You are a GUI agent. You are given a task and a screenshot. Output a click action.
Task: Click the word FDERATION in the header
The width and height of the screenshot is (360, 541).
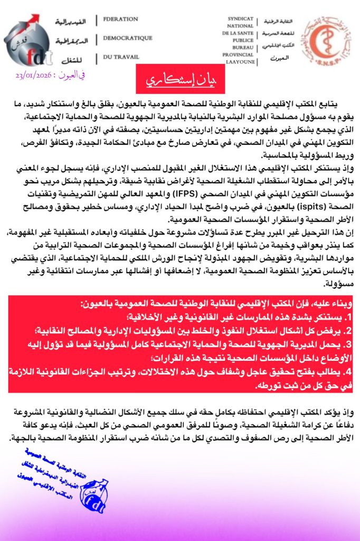click(120, 20)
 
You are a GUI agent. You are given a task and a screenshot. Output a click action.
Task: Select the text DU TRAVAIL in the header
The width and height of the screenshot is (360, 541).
click(120, 57)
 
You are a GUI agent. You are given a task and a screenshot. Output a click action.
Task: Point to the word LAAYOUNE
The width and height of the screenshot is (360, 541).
click(240, 62)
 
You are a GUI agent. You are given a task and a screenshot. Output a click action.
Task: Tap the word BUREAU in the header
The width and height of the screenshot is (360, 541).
click(240, 47)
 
